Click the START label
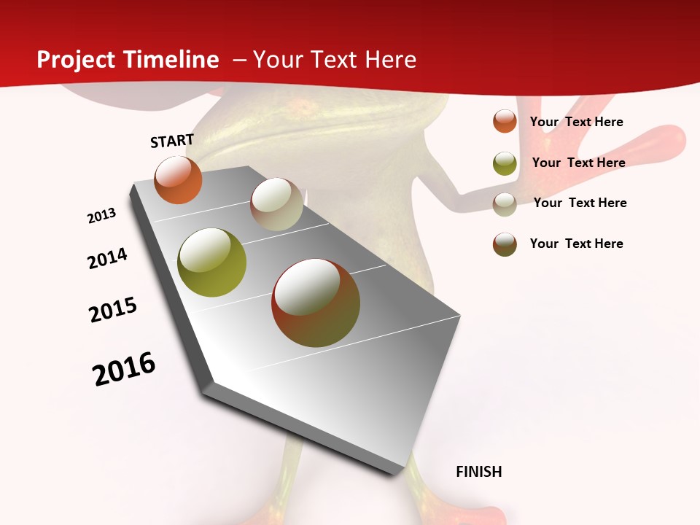point(172,141)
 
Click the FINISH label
point(479,472)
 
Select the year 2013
point(102,216)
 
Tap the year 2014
point(107,258)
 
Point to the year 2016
point(124,368)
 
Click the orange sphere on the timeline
point(178,180)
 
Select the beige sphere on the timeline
point(276,204)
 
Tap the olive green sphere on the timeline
point(212,262)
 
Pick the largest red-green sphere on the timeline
point(316,303)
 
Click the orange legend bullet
point(505,121)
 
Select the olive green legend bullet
point(505,163)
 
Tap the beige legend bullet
point(505,204)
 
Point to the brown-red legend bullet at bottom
point(505,244)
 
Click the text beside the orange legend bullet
point(576,122)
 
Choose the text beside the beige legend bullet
point(580,203)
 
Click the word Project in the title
point(76,60)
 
